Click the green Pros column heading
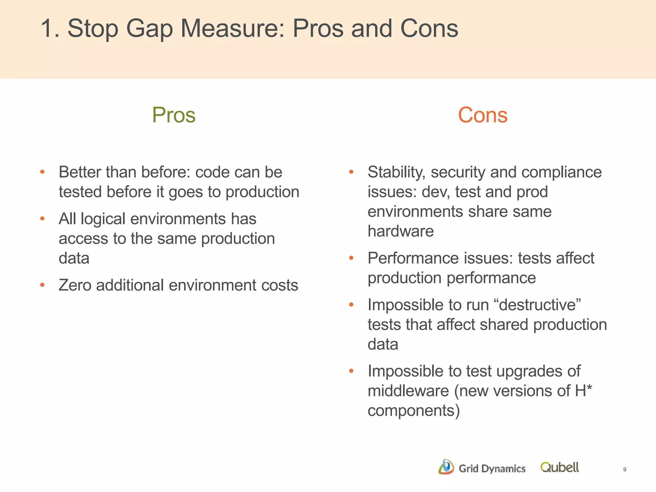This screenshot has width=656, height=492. click(x=174, y=115)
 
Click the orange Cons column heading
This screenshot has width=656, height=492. click(x=482, y=115)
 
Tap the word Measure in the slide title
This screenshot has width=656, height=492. click(x=232, y=29)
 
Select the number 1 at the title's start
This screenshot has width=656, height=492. click(x=47, y=29)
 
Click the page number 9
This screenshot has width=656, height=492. click(x=625, y=470)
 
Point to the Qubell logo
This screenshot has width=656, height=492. click(x=559, y=468)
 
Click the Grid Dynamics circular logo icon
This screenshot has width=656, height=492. click(x=446, y=467)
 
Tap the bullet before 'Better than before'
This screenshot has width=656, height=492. click(x=42, y=172)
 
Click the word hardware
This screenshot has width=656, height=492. click(x=400, y=231)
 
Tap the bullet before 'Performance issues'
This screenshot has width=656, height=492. click(x=351, y=258)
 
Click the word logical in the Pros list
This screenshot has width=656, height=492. click(x=103, y=219)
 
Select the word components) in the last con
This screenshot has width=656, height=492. click(x=414, y=411)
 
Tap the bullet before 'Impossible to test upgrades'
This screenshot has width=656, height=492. click(x=351, y=371)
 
